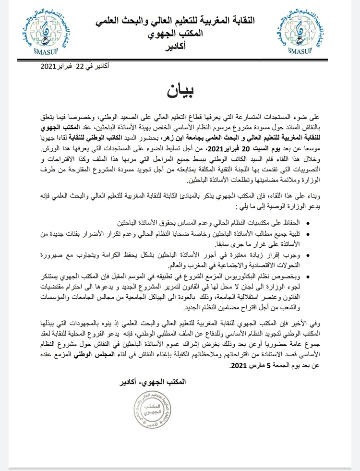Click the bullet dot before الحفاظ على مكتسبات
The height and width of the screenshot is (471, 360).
308,223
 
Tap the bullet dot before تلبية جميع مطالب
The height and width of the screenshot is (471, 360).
308,234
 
